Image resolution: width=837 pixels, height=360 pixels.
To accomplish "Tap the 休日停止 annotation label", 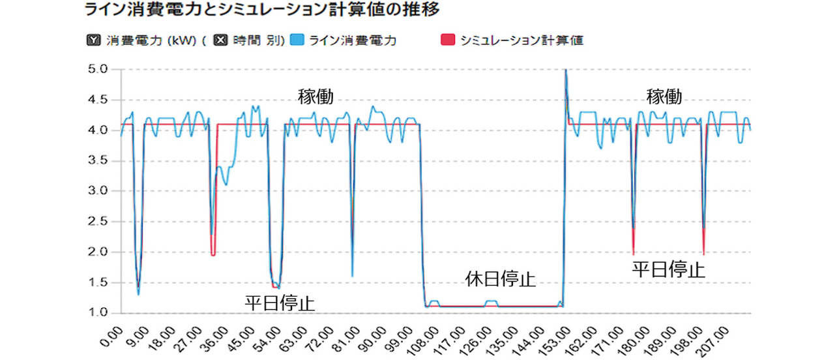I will pyautogui.click(x=501, y=279).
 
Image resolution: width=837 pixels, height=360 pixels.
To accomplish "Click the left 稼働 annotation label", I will pyautogui.click(x=316, y=97).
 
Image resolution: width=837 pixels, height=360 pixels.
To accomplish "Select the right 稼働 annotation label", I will pyautogui.click(x=664, y=97).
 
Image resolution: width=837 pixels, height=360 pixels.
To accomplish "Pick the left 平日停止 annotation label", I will pyautogui.click(x=280, y=303).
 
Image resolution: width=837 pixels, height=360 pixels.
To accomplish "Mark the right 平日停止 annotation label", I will pyautogui.click(x=669, y=269).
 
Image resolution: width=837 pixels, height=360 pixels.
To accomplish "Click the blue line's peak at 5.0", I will pyautogui.click(x=566, y=70).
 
